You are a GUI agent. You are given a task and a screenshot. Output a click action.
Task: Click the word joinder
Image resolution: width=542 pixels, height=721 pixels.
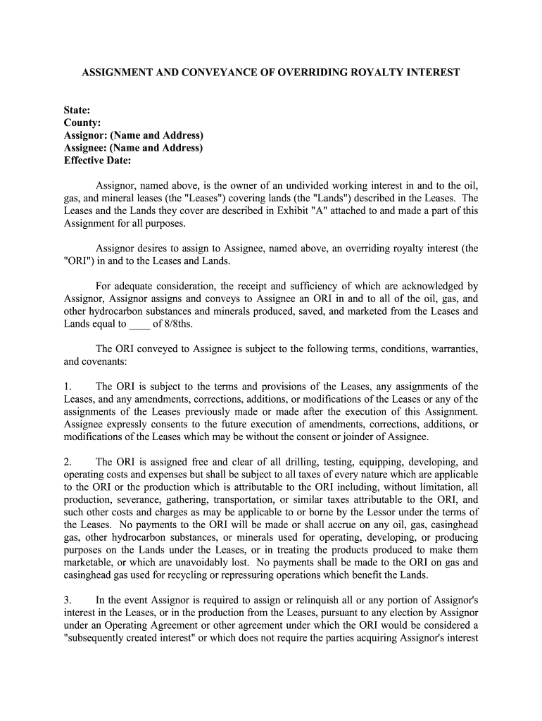pos(363,437)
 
